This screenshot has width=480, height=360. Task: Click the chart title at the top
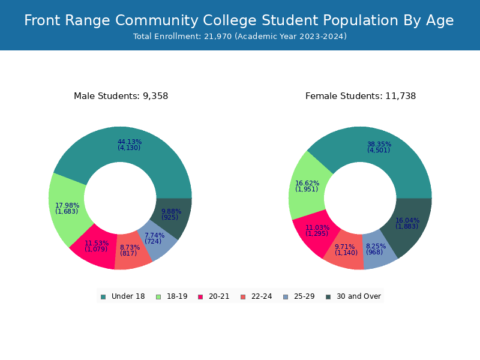(x=239, y=21)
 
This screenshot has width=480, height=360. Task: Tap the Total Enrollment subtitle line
(x=240, y=37)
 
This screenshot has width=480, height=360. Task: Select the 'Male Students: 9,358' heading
(x=121, y=96)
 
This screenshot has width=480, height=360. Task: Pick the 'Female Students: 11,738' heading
(x=361, y=96)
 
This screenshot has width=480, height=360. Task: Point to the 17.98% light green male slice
(x=67, y=208)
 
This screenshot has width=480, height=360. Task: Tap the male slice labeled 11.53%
(x=96, y=246)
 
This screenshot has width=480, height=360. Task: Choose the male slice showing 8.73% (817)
(x=130, y=250)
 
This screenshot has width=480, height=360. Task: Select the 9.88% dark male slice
(x=171, y=214)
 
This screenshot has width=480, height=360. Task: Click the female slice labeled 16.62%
(x=307, y=187)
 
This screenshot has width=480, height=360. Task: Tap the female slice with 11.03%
(x=317, y=230)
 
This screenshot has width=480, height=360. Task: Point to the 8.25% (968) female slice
(x=376, y=249)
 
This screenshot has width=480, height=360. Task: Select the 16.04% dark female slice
(x=407, y=223)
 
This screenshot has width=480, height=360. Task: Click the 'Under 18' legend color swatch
(x=103, y=296)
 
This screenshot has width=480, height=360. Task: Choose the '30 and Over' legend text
(x=359, y=296)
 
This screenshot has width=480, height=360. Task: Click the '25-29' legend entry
(x=299, y=296)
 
